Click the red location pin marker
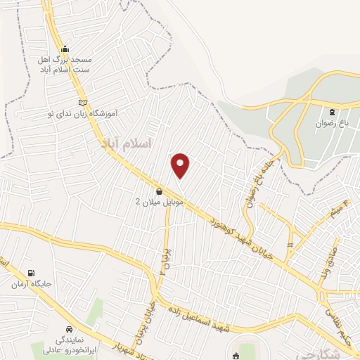[x=181, y=165]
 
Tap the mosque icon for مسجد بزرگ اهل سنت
[x=65, y=49]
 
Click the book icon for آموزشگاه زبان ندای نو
[x=82, y=102]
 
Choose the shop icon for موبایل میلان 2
[x=159, y=191]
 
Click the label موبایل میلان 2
[x=159, y=202]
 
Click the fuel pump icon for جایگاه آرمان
[x=30, y=273]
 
